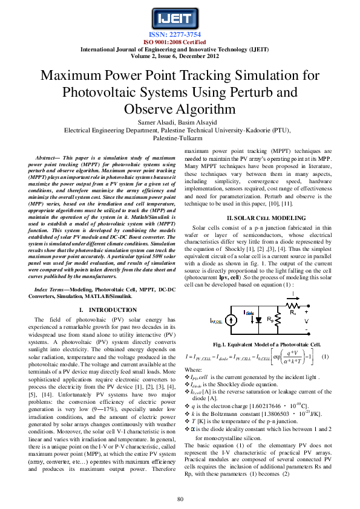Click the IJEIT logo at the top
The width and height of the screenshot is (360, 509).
tap(180, 18)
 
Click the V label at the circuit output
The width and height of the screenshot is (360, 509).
tap(306, 321)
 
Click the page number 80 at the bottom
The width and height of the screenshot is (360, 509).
tap(180, 499)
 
